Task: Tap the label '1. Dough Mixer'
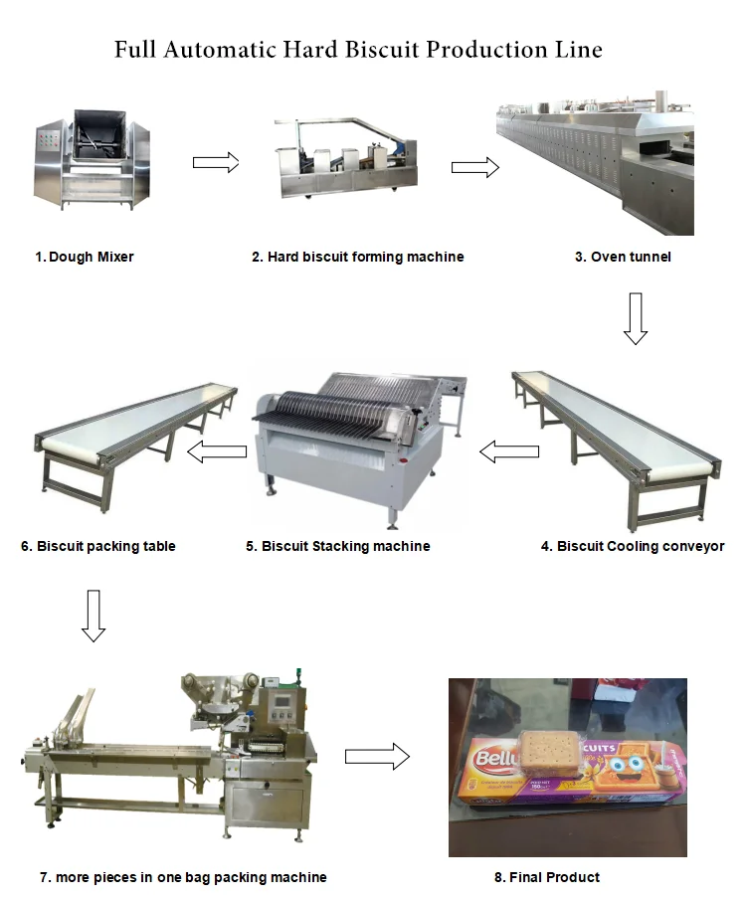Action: pos(85,257)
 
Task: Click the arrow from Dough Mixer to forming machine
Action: pos(216,162)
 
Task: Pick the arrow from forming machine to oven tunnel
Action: pos(475,167)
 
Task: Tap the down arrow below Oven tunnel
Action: pos(636,318)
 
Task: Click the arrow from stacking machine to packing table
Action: pos(218,452)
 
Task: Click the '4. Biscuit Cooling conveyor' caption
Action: pos(633,546)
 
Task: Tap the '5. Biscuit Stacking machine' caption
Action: pos(338,546)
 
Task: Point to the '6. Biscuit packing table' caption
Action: pos(98,546)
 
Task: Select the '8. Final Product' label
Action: pos(547,877)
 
